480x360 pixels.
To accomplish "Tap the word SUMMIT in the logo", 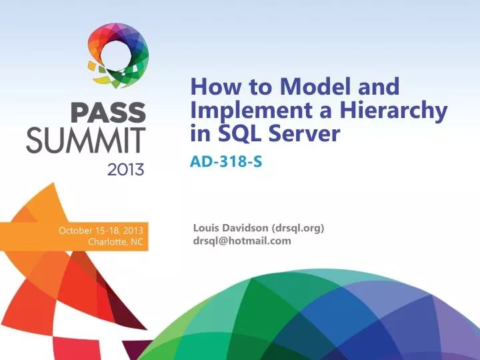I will click(85, 141).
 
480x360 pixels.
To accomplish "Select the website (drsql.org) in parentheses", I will click(299, 228).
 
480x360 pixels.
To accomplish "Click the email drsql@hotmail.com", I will click(242, 241).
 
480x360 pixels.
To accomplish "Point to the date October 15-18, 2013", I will click(101, 231).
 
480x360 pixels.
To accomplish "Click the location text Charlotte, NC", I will click(115, 242).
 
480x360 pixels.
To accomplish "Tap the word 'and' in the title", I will click(379, 87).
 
